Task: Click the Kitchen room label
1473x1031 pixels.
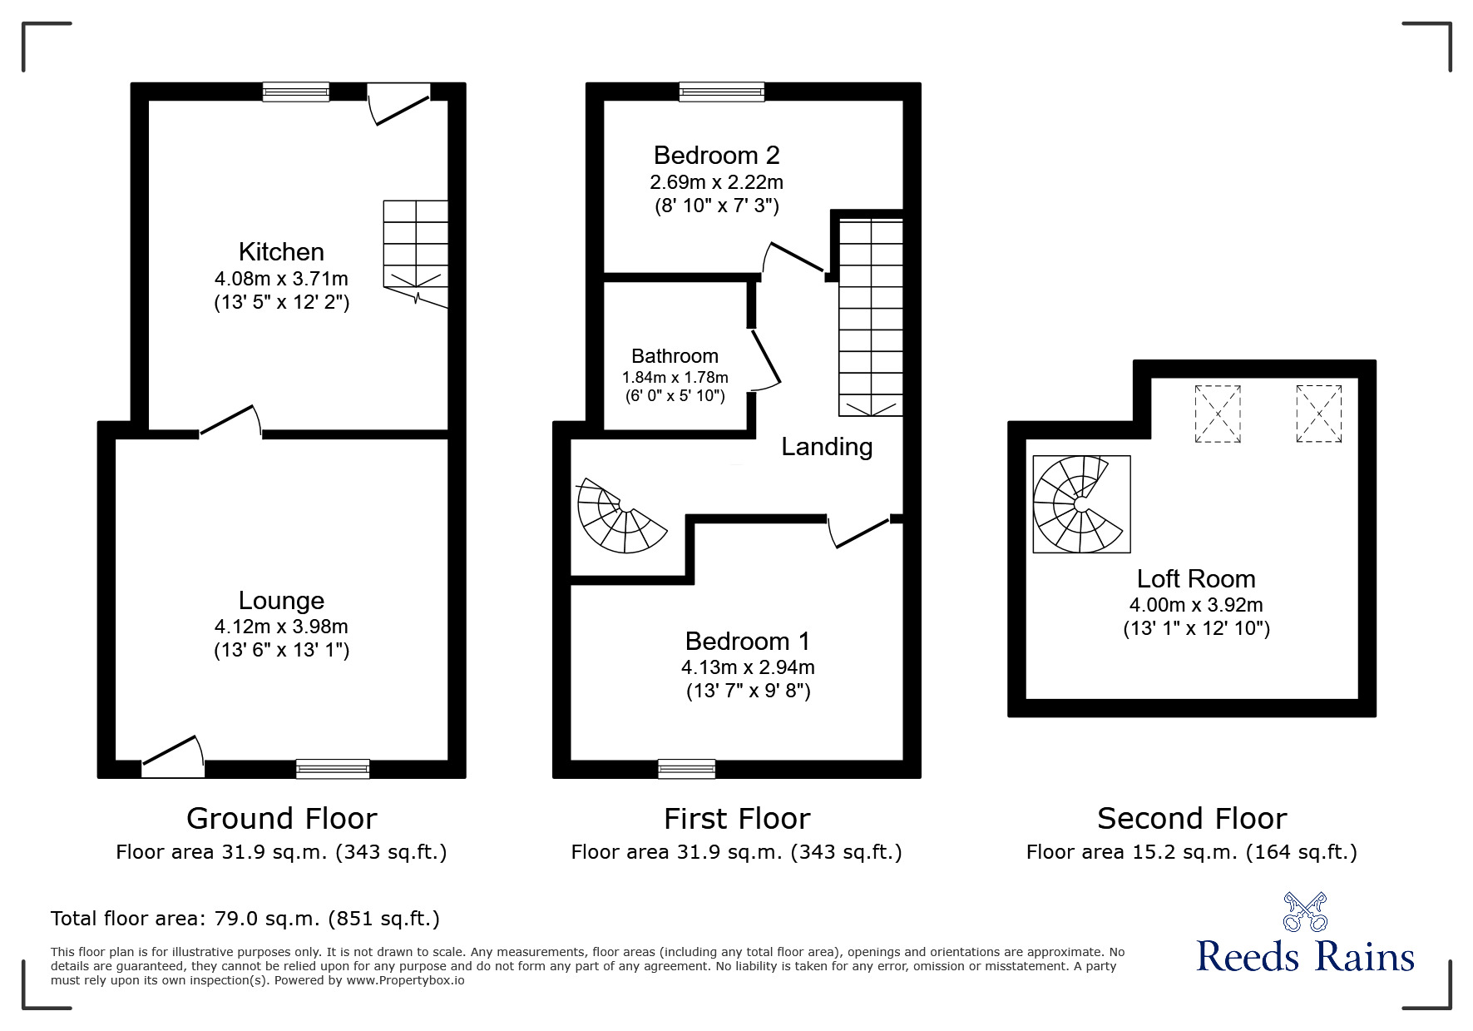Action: click(281, 252)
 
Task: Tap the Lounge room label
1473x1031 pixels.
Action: click(281, 601)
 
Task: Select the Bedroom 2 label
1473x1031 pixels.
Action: click(716, 156)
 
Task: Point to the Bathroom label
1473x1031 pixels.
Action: click(675, 356)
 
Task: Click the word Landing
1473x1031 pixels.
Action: click(827, 447)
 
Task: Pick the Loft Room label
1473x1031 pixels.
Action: click(1196, 579)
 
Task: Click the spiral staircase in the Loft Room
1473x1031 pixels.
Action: click(1081, 504)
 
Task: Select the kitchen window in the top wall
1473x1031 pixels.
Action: click(295, 92)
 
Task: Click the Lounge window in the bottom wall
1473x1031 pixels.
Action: click(333, 769)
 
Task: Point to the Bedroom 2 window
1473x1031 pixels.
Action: click(721, 92)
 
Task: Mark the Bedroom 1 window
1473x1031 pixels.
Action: click(686, 769)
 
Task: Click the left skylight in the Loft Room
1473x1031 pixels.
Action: click(1218, 414)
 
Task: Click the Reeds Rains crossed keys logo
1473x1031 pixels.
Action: click(1305, 912)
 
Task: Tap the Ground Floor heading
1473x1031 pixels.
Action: click(281, 819)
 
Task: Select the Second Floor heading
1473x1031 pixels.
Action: click(1192, 819)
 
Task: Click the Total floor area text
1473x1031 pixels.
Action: click(245, 919)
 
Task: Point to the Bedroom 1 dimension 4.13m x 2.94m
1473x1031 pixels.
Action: click(748, 667)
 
